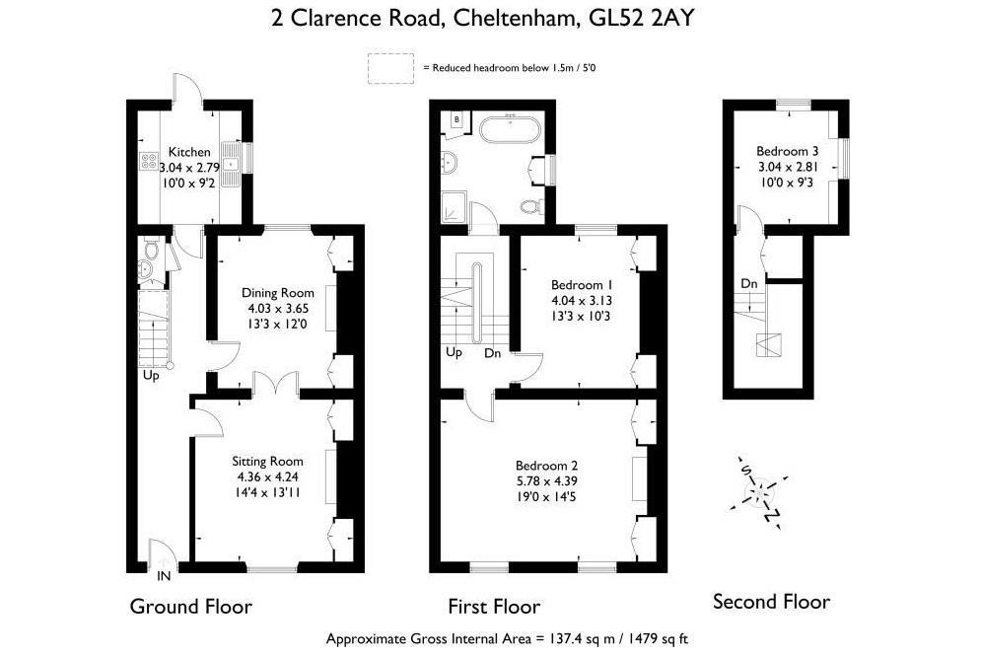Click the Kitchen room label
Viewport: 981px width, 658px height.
coord(189,152)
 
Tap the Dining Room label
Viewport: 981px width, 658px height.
coord(278,293)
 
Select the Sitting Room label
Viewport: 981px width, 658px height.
coord(268,462)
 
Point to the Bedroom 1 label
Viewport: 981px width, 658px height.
coord(582,285)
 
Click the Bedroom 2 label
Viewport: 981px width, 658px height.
coord(547,466)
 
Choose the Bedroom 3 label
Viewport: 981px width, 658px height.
coord(787,151)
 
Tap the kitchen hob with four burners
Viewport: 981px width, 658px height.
coord(149,162)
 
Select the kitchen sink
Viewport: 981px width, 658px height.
coord(232,164)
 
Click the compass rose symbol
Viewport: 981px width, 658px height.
coord(760,492)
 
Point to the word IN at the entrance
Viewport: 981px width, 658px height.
coord(164,576)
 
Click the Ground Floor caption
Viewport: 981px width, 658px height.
coord(191,606)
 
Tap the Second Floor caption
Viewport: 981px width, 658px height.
coord(771,602)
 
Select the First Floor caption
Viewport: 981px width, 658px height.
coord(494,607)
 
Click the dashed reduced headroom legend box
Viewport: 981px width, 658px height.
coord(390,68)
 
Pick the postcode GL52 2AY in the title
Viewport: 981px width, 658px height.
coord(642,18)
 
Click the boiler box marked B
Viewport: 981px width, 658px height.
coord(456,119)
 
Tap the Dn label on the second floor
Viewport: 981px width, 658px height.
coord(749,283)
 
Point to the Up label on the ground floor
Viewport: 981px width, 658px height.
coord(151,376)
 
